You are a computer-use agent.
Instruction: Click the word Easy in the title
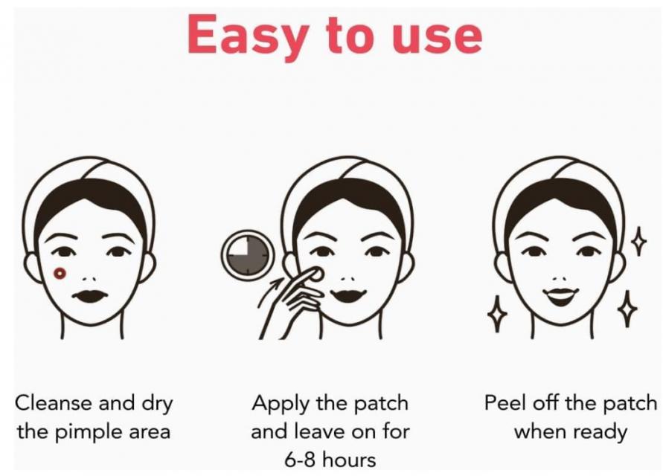246,37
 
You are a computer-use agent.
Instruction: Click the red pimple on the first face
60,274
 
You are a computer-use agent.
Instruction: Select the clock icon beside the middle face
248,254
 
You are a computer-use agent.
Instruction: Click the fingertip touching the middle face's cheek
315,274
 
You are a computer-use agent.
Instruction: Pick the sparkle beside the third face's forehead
638,240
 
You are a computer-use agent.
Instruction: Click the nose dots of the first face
89,279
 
